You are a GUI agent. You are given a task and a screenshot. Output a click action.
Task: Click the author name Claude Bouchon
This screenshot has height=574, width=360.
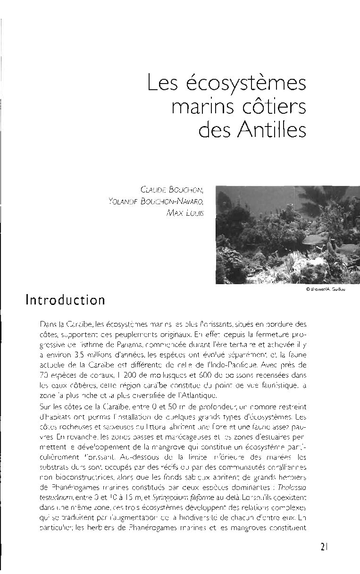pyautogui.click(x=172, y=190)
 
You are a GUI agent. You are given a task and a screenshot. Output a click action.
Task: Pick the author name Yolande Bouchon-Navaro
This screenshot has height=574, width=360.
pyautogui.click(x=156, y=201)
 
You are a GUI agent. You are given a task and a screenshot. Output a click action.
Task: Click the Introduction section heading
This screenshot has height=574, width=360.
pyautogui.click(x=66, y=300)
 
